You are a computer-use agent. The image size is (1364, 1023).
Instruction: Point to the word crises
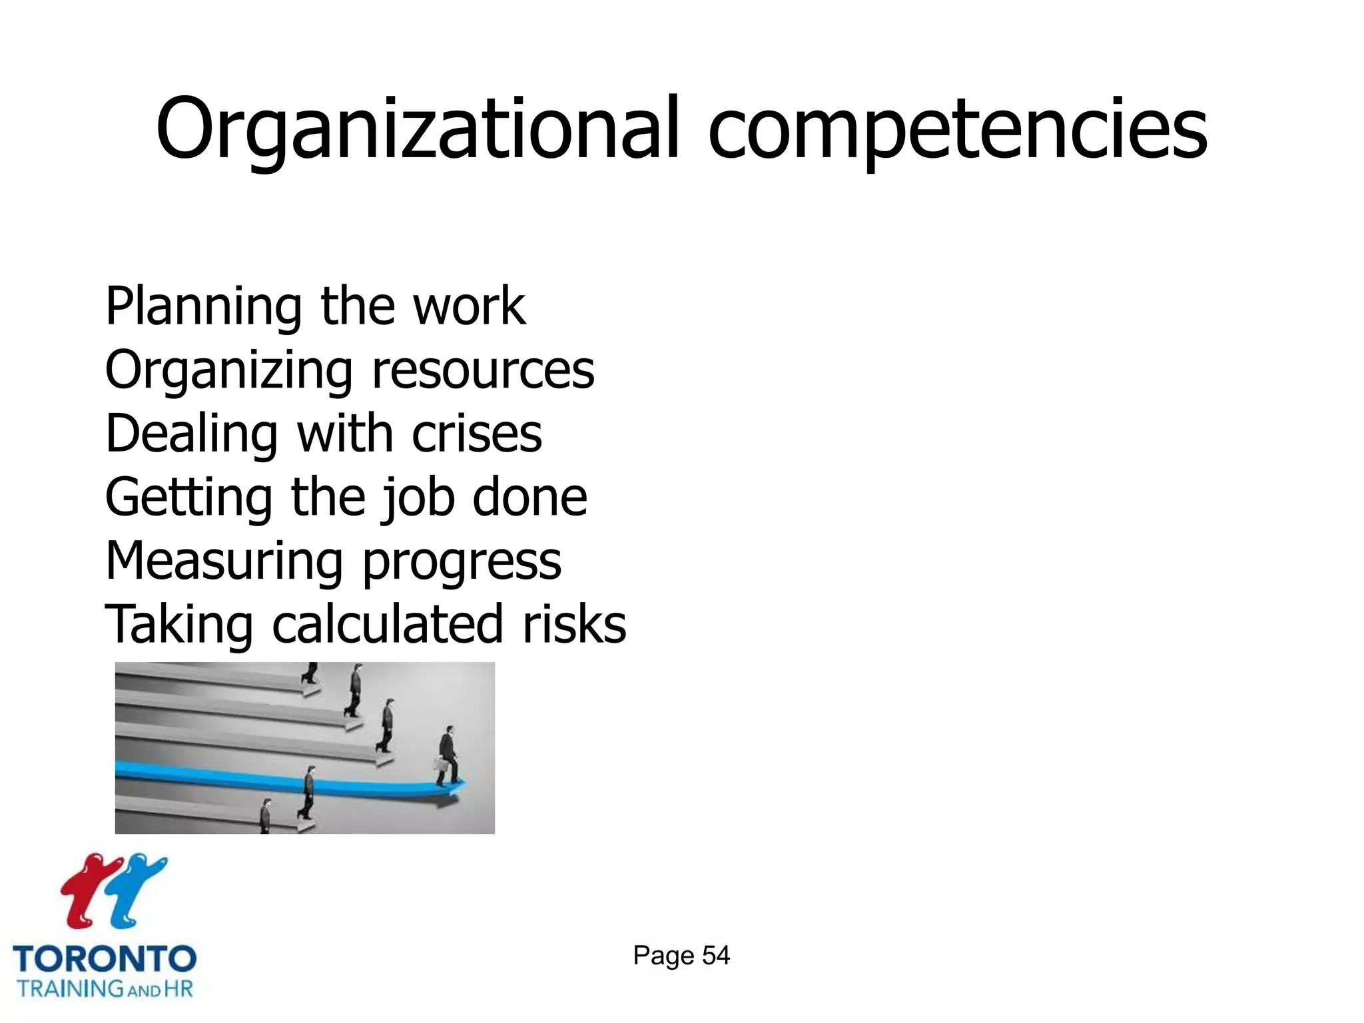477,434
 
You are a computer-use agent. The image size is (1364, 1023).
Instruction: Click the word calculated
387,625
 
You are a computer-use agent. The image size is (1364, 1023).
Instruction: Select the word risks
574,625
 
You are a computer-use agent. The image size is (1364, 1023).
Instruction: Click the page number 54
716,956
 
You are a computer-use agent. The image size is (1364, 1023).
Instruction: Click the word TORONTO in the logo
105,959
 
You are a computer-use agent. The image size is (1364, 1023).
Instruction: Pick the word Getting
188,498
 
